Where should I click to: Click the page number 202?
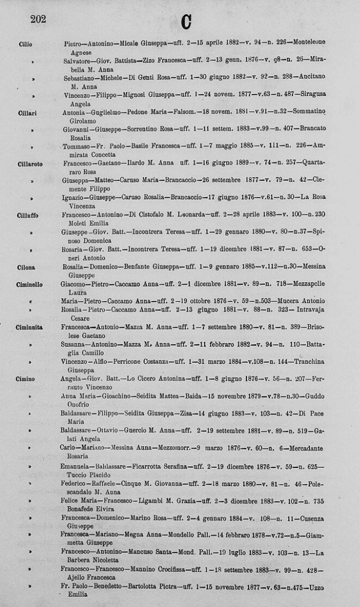[x=38, y=19]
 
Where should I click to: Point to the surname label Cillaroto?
[x=30, y=164]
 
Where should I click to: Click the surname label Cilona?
[x=27, y=267]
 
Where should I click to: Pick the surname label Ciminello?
[x=29, y=284]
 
